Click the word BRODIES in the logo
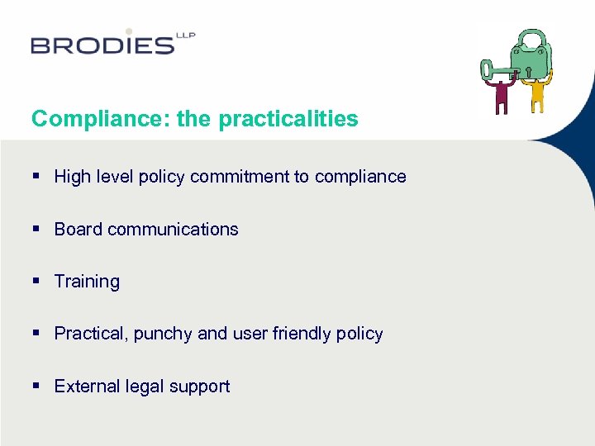pos(102,45)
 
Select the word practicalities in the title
pos(288,119)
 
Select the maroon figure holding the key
pos(501,96)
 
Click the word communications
pos(173,229)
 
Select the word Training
pos(87,282)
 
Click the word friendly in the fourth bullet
pos(302,334)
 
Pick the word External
pos(85,386)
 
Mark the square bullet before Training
pos(36,282)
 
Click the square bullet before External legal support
pos(36,386)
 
